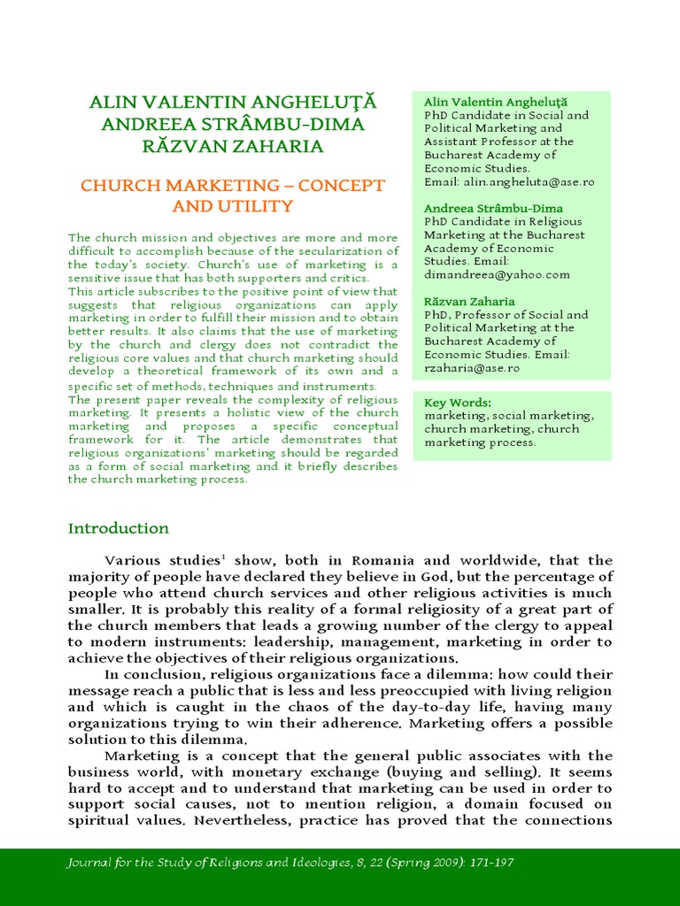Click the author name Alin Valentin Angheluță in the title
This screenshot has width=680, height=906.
pos(233,102)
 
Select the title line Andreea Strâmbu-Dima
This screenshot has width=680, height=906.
pos(233,124)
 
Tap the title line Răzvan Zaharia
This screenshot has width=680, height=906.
pos(233,146)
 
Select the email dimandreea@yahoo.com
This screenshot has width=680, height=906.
pos(497,274)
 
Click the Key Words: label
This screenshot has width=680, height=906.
pos(458,403)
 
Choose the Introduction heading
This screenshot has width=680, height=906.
pos(119,528)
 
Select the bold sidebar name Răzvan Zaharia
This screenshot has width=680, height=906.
pos(469,301)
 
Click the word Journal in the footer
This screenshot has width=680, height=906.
pos(90,863)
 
